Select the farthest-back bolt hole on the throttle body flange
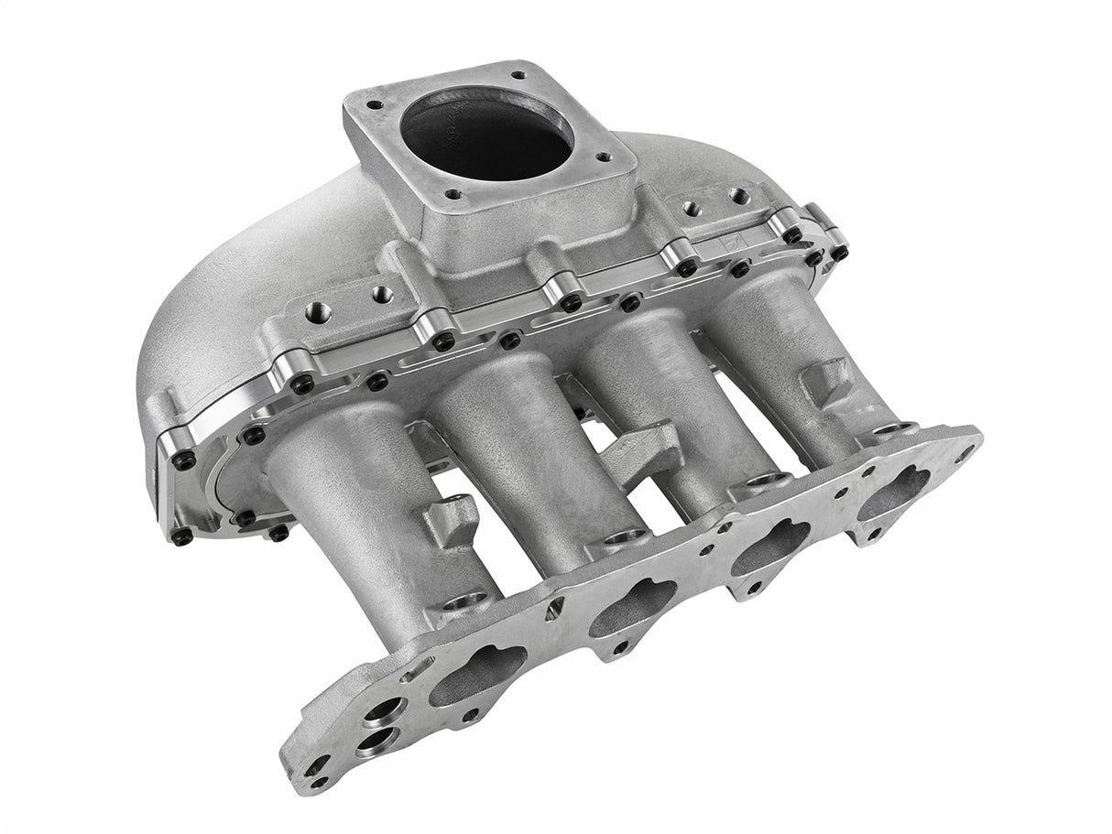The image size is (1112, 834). click(518, 76)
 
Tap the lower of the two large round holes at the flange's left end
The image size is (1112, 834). click(377, 738)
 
